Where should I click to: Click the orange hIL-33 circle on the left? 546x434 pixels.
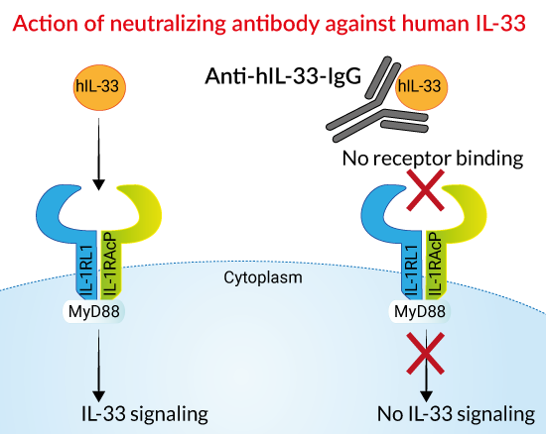[x=99, y=87]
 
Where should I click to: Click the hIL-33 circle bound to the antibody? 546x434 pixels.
[x=421, y=87]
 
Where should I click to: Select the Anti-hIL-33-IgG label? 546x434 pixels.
[x=283, y=76]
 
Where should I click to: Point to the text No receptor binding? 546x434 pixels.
[x=433, y=159]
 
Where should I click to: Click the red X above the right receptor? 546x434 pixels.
[x=426, y=190]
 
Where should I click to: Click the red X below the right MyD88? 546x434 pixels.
[x=426, y=353]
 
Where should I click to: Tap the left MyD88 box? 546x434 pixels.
[x=93, y=311]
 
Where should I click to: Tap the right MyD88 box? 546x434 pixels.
[x=419, y=311]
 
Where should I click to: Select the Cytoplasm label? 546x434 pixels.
[x=263, y=278]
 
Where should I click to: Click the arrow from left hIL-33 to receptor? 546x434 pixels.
[x=99, y=154]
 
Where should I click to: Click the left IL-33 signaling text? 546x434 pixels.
[x=145, y=414]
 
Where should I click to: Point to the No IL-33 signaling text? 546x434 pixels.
[x=456, y=414]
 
